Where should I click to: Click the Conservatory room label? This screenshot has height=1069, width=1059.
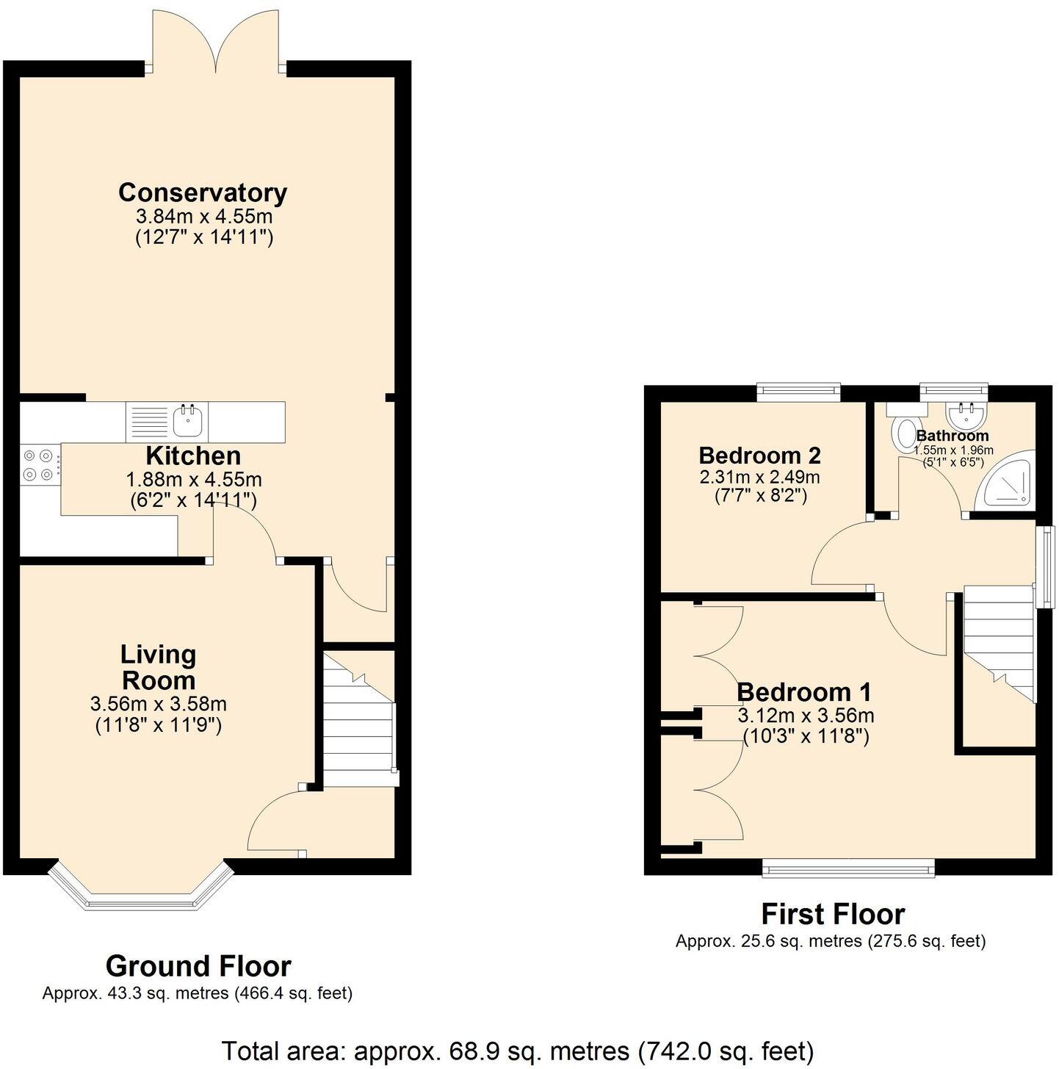tap(202, 192)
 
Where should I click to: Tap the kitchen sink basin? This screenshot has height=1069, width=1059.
tap(187, 420)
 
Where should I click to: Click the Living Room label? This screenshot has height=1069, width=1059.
tap(159, 666)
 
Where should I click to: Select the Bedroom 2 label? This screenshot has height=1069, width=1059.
tap(759, 456)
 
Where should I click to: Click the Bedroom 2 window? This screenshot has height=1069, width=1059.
tap(798, 391)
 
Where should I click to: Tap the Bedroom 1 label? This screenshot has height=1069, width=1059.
tap(804, 692)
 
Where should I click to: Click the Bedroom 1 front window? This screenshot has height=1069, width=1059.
tap(848, 869)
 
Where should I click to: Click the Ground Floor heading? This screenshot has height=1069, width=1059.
tap(198, 965)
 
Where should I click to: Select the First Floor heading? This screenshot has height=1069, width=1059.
tap(832, 914)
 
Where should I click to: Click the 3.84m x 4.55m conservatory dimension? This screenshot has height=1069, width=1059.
tap(203, 217)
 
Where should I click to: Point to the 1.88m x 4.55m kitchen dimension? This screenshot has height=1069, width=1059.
tap(194, 480)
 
